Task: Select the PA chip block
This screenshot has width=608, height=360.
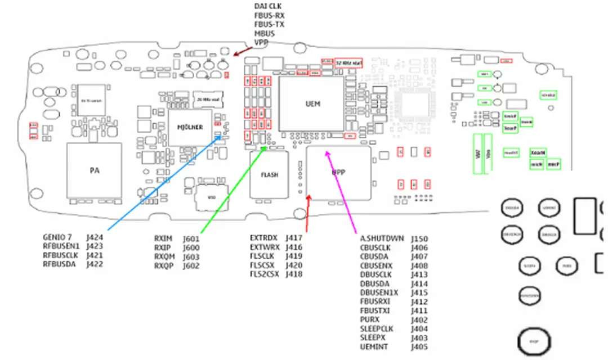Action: tap(94, 170)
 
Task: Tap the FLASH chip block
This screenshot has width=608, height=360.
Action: tap(269, 174)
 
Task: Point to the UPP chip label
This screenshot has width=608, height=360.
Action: tap(338, 172)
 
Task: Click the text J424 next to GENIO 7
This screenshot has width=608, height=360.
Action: tap(95, 237)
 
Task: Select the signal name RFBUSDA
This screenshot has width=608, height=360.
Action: tap(59, 264)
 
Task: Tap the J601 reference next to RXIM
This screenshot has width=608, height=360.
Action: tap(191, 238)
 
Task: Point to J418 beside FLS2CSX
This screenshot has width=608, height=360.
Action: tap(294, 274)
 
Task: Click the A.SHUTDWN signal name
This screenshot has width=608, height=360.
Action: tap(382, 238)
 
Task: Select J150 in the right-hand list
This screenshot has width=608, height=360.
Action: tap(419, 238)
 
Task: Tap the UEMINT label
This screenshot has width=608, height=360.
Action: tap(373, 347)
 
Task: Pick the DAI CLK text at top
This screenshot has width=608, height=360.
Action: tap(268, 6)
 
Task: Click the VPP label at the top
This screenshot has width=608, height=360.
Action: tap(261, 42)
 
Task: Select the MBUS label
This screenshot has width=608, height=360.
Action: tap(263, 33)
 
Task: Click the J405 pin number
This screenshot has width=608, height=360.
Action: tap(419, 347)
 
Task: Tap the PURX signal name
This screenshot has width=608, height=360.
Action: tap(369, 319)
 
